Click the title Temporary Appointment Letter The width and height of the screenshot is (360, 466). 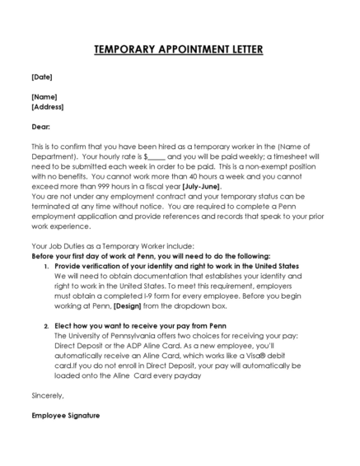click(179, 49)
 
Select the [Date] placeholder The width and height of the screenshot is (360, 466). click(41, 77)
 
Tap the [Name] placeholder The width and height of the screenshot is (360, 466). click(44, 96)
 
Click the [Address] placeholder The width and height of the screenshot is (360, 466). click(47, 106)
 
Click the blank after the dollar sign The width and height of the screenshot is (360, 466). click(157, 156)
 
